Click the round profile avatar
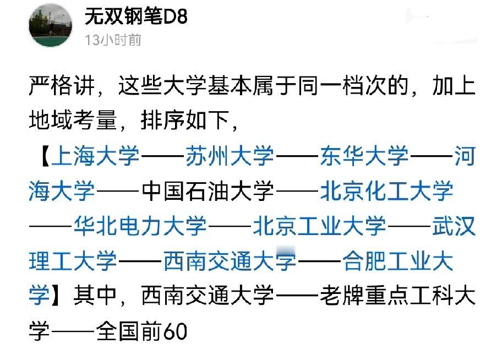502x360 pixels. (x=51, y=25)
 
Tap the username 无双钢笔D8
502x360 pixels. (x=136, y=17)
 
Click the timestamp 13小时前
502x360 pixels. (x=113, y=40)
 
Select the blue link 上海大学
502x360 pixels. (x=96, y=156)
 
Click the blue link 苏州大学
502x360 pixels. (x=230, y=156)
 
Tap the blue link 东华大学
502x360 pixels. (x=364, y=156)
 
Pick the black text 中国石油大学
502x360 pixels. (x=208, y=191)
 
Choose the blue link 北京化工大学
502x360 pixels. (x=386, y=191)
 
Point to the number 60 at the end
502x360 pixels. (x=176, y=331)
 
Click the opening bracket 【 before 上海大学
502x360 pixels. (x=42, y=156)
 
